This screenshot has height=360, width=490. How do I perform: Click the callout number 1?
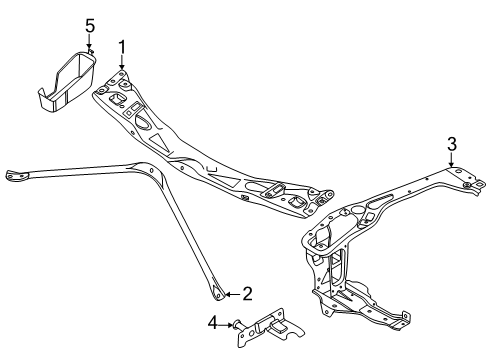pos(122,47)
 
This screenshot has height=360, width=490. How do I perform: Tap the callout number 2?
pos(247,294)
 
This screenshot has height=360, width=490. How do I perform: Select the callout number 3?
pos(451,144)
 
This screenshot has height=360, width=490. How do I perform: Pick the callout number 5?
pos(90,26)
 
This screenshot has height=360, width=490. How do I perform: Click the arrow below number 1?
pos(122,62)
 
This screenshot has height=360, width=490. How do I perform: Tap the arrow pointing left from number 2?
pos(233,294)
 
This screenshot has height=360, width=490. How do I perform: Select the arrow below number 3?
pos(451,160)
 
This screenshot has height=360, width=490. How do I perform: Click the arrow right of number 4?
pos(226,324)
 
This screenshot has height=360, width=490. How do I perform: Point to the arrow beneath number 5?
pos(89,42)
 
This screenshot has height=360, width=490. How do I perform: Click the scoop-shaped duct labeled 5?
pos(67,81)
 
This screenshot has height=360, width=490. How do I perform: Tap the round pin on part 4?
pos(238,324)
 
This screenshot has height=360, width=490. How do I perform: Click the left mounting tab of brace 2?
pos(15,175)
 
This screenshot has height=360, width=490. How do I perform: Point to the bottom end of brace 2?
pos(218,294)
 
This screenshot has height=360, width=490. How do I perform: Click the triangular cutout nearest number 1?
pos(159,142)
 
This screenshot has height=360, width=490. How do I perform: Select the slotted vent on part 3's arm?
pos(380,199)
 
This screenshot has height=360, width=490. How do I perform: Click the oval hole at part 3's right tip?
pos(480,183)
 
